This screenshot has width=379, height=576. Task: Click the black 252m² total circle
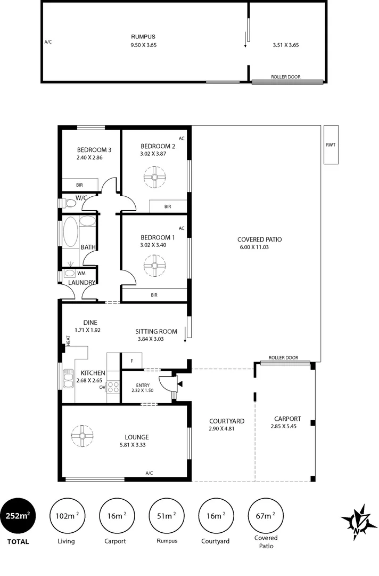pos(18,516)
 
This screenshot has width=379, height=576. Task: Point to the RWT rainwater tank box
pos(331,145)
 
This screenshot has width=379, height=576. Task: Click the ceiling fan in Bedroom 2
pos(155,177)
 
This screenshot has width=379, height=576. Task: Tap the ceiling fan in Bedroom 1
pos(155,265)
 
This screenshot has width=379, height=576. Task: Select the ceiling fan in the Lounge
pos(83,436)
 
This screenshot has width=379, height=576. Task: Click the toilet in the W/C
pos(68,203)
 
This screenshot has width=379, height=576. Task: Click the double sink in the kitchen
pos(68,379)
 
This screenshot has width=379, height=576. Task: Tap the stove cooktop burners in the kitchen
pos(113,387)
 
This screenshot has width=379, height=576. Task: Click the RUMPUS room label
pos(143,37)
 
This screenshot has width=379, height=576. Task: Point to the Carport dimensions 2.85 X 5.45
pos(287,427)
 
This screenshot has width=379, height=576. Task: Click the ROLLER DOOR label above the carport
pos(283,358)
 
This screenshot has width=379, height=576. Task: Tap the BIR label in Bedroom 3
pos(79,185)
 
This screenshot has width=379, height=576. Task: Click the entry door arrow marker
pos(179,383)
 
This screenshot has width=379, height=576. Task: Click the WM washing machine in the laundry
pos(70,273)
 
